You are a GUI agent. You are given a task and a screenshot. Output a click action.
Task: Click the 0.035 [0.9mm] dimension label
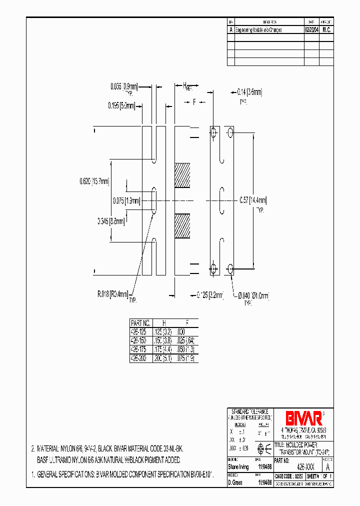coord(123,86)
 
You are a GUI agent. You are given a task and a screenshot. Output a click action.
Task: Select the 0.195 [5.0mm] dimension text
coord(121,105)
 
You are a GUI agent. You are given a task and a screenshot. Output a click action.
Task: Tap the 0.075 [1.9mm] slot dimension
coord(125,200)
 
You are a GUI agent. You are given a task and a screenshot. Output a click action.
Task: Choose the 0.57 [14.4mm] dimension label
coord(252,200)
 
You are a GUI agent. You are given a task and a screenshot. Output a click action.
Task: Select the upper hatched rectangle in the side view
coord(182,175)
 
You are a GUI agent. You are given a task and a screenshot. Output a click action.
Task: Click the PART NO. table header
coord(140,323)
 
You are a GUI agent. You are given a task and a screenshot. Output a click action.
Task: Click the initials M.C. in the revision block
coord(326,29)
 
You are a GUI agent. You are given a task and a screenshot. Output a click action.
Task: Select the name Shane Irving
coord(238,466)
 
